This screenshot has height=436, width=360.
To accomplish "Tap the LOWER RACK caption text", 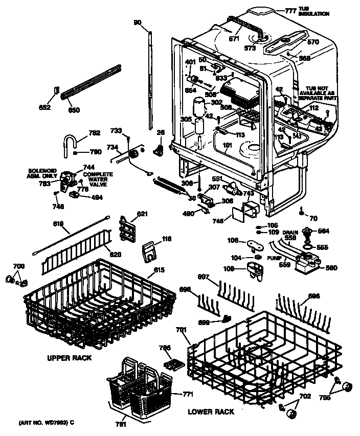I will click(x=211, y=411).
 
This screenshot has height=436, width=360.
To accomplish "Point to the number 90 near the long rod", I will click(x=137, y=22).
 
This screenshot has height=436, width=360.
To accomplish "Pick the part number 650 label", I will click(x=74, y=110).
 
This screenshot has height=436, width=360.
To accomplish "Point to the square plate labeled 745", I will click(x=237, y=214).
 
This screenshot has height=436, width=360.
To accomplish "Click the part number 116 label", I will click(x=166, y=238).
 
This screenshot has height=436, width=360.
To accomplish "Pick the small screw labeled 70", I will click(x=303, y=210).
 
